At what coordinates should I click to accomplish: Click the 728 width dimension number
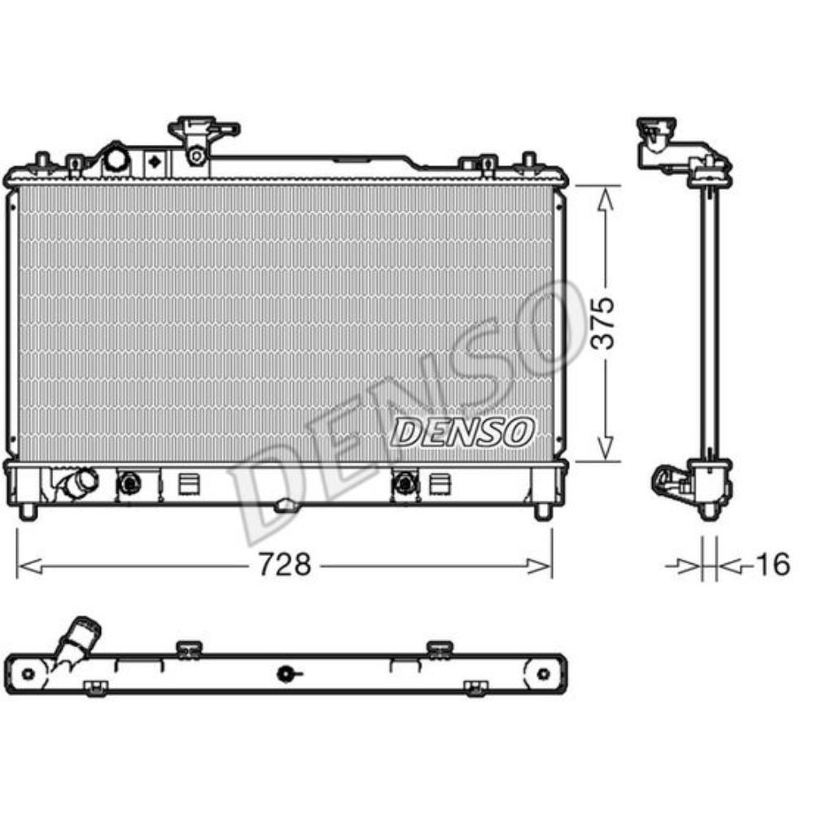tap(285, 564)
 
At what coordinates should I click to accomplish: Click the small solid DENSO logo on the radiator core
tap(462, 432)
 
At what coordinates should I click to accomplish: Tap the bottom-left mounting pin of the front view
tap(28, 511)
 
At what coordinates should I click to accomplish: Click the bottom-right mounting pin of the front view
tap(542, 511)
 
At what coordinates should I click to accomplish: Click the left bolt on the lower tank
tap(129, 484)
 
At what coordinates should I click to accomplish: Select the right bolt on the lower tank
tap(403, 484)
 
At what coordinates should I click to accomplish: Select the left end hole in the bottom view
tap(28, 673)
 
